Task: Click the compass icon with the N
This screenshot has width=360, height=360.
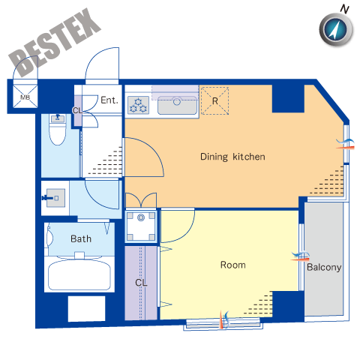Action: tap(336, 28)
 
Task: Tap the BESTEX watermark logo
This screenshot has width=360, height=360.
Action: tap(55, 43)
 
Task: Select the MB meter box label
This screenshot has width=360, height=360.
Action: tap(25, 97)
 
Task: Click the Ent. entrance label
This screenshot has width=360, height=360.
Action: tap(109, 100)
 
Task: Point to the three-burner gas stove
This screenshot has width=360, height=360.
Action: tap(138, 105)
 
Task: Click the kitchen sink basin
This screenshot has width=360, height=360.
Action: tap(177, 105)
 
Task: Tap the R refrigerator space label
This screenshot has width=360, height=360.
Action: tap(215, 101)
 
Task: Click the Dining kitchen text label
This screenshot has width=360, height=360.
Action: tap(232, 157)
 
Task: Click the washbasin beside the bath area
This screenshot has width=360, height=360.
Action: tap(55, 198)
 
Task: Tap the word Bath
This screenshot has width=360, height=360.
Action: tap(81, 238)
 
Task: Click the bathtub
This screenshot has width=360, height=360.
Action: tap(79, 274)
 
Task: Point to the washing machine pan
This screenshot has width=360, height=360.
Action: tap(141, 226)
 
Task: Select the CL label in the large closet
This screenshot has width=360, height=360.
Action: tap(141, 283)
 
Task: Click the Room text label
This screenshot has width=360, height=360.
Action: tap(233, 265)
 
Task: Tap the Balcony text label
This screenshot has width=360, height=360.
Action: tap(324, 267)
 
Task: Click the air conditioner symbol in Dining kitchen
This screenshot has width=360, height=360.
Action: tap(345, 144)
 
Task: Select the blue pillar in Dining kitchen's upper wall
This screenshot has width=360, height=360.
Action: tap(288, 98)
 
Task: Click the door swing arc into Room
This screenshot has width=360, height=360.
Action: tap(185, 232)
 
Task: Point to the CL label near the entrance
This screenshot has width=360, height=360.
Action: tap(77, 110)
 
